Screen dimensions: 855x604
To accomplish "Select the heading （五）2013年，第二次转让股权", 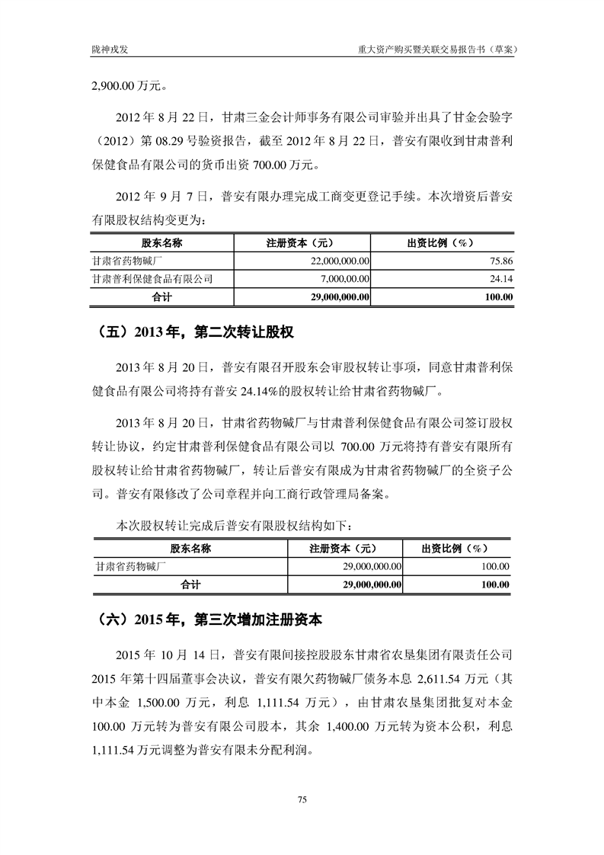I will coord(197,332).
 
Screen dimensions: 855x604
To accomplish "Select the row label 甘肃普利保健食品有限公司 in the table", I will coord(152,279).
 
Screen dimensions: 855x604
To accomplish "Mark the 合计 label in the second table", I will coord(190,584).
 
